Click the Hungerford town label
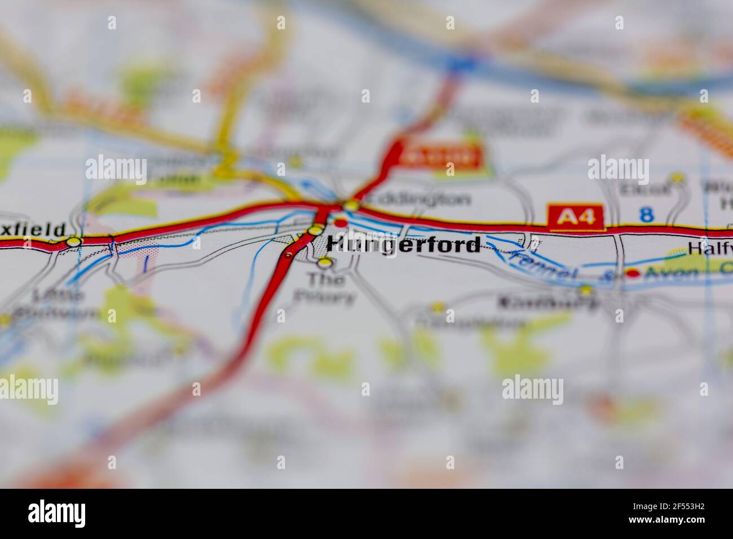[404, 245]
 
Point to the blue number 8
[647, 215]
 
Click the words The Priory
[328, 288]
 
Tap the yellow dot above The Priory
[324, 262]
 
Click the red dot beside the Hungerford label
[341, 223]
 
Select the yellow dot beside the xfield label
[74, 241]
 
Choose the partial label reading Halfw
[709, 248]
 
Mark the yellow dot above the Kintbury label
[586, 290]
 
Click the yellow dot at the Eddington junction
[351, 206]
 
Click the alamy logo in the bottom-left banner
[56, 513]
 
